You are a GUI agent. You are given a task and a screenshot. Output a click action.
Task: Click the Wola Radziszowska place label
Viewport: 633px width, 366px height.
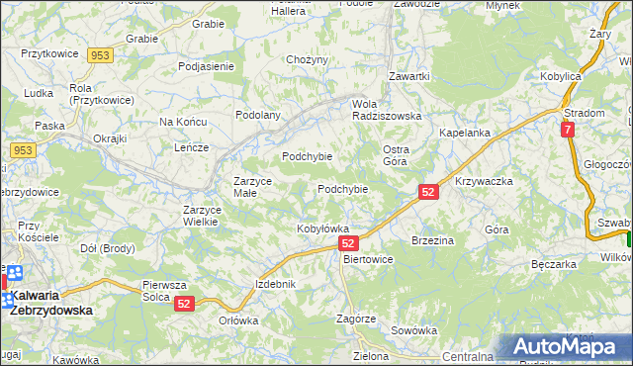[387, 110]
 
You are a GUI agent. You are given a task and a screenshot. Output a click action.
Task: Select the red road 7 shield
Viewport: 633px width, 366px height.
[567, 129]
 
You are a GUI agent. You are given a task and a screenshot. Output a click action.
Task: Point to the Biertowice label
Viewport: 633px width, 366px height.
[367, 259]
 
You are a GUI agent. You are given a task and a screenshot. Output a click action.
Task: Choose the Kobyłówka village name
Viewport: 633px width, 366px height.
[323, 229]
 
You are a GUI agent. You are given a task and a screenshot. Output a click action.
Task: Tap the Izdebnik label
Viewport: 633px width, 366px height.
[275, 284]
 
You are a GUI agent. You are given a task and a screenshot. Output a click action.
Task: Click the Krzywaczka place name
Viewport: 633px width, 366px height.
[484, 182]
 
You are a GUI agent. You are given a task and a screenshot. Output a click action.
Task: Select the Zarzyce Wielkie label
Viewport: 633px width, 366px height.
[207, 216]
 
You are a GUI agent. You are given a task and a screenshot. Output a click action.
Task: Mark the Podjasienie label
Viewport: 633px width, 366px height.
[206, 66]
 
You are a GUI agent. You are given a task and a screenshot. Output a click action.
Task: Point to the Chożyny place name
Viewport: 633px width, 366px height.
[307, 59]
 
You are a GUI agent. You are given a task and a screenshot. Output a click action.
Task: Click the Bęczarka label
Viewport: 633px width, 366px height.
[553, 265]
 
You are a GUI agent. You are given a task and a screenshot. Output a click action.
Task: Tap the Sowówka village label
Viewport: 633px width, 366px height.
[413, 330]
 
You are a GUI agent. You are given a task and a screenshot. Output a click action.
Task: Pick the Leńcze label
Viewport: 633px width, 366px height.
[191, 147]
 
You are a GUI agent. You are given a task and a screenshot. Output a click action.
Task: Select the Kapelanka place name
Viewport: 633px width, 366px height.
[465, 133]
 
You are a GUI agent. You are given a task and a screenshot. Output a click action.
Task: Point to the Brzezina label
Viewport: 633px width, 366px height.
[432, 240]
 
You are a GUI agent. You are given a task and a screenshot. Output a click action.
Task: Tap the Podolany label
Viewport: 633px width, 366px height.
[258, 115]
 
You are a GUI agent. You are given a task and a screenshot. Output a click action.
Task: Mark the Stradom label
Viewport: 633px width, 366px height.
[585, 113]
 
